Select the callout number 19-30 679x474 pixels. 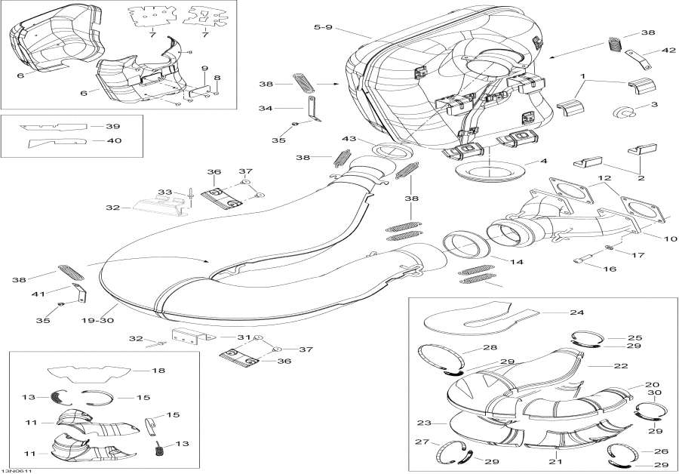[x=98, y=320]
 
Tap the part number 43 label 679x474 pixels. [x=349, y=139]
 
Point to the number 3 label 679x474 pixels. [x=653, y=104]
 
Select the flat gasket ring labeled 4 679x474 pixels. [x=488, y=170]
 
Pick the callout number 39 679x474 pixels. [x=112, y=126]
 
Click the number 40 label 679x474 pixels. [x=112, y=140]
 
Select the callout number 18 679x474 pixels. [x=158, y=371]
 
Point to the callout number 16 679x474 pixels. [x=610, y=268]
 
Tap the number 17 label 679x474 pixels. [x=638, y=255]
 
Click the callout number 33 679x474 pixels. [x=164, y=192]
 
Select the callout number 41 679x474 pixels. [x=35, y=293]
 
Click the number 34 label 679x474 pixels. [x=266, y=108]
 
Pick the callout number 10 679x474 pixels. [x=649, y=239]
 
